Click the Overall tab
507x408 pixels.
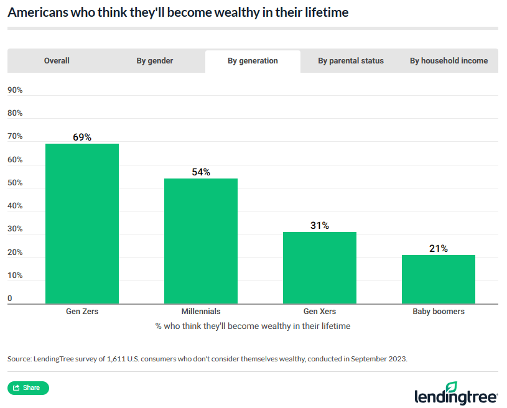pyautogui.click(x=57, y=61)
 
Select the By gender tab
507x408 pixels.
pyautogui.click(x=155, y=61)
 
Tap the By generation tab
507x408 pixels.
pyautogui.click(x=253, y=61)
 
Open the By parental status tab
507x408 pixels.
pyautogui.click(x=351, y=61)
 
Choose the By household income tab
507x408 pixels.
pyautogui.click(x=449, y=61)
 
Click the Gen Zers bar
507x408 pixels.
pyautogui.click(x=82, y=224)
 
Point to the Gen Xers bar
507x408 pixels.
pyautogui.click(x=320, y=268)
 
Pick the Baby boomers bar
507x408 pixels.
pyautogui.click(x=439, y=279)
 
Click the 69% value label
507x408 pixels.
pyautogui.click(x=82, y=137)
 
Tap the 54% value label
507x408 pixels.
pyautogui.click(x=201, y=172)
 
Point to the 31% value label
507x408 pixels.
pyautogui.click(x=320, y=225)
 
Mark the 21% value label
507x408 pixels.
pyautogui.click(x=439, y=248)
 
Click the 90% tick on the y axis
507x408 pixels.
pyautogui.click(x=15, y=90)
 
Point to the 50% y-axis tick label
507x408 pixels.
pyautogui.click(x=15, y=183)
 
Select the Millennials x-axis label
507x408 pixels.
pyautogui.click(x=201, y=311)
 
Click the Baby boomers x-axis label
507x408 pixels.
pyautogui.click(x=439, y=311)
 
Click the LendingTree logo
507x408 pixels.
pyautogui.click(x=456, y=394)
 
